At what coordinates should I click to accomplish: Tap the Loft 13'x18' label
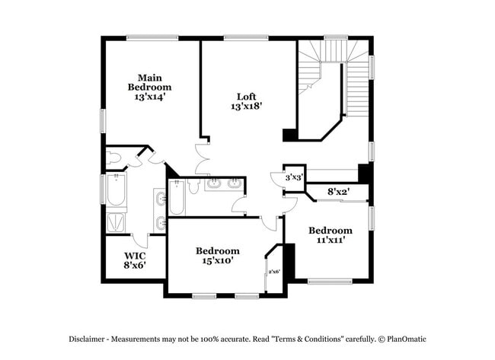pos(247,101)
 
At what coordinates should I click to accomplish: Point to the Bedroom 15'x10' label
pos(218,255)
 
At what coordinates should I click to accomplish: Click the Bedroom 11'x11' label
pos(330,234)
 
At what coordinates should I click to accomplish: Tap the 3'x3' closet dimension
pos(294,177)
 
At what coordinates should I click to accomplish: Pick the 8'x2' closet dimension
pos(338,192)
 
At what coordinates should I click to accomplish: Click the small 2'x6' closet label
pos(274,272)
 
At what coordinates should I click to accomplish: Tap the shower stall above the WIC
pos(117,221)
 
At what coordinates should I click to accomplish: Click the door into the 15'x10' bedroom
pos(269,221)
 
